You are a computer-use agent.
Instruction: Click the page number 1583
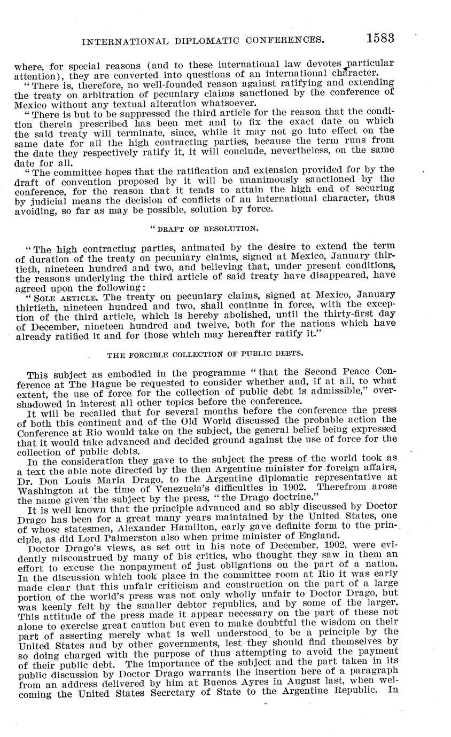pos(380,38)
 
